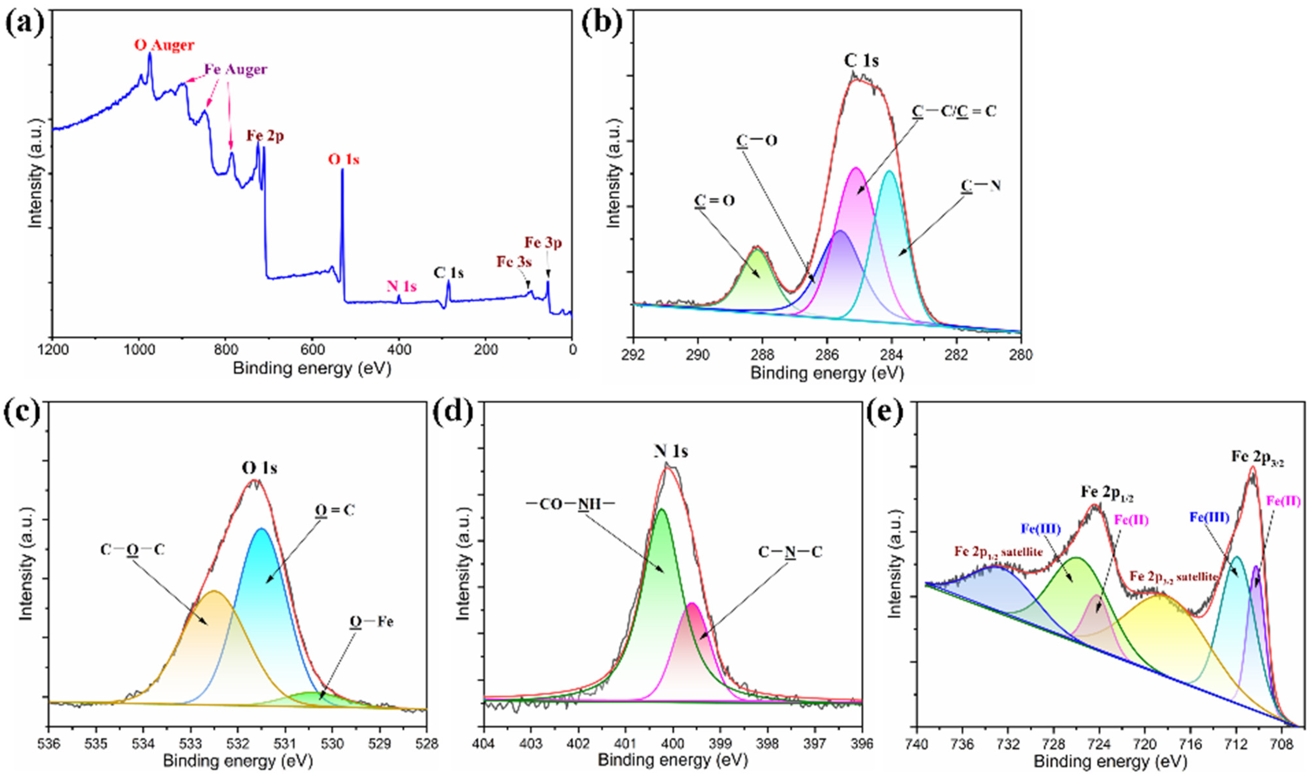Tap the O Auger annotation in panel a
164,45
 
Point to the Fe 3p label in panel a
543,243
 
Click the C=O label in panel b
714,201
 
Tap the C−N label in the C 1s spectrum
981,185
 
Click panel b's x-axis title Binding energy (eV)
827,373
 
